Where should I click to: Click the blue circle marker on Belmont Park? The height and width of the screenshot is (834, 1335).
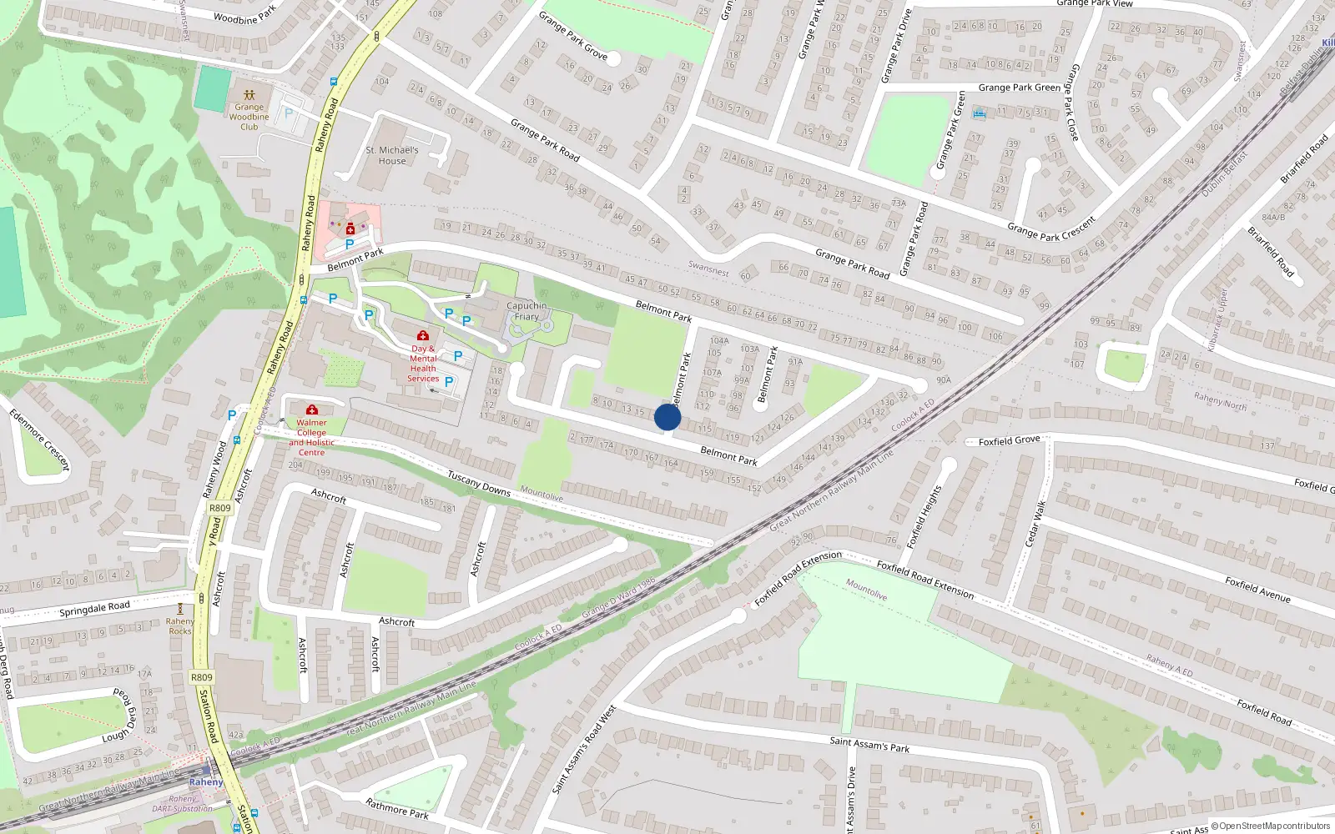667,417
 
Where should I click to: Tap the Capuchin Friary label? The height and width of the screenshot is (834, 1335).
526,311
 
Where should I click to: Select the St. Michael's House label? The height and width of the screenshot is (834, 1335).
392,155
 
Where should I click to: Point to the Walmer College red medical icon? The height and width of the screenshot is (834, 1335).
312,409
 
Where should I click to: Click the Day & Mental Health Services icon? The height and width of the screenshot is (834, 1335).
423,335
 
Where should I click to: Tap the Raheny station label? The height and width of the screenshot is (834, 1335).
205,782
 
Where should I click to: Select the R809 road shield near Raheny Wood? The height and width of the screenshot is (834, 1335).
219,508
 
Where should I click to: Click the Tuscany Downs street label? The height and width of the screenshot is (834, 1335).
478,483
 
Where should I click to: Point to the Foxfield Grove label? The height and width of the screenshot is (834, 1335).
1009,440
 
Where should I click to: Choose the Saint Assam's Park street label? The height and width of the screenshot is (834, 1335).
869,743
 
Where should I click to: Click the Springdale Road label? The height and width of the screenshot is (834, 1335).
94,609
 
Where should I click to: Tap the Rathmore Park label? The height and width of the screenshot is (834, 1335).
397,807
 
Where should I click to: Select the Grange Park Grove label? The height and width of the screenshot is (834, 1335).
572,35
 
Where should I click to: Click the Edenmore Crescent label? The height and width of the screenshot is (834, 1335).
40,439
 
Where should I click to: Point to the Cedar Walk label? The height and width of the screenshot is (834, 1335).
1034,524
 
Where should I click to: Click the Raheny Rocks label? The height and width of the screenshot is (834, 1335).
180,625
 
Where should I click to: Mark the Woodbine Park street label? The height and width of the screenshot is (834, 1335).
244,16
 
